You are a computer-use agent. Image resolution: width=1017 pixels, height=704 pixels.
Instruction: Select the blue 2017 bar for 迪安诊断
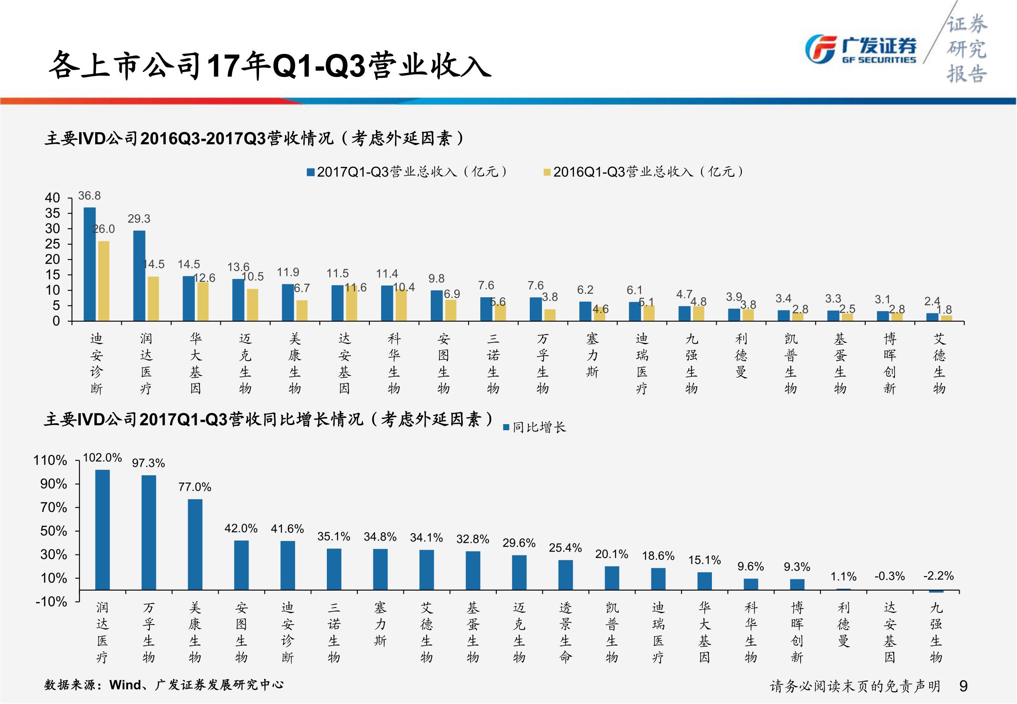[90, 264]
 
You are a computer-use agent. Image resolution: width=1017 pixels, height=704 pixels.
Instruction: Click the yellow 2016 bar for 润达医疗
[153, 298]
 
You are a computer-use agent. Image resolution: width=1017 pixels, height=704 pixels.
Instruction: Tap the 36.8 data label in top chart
[90, 196]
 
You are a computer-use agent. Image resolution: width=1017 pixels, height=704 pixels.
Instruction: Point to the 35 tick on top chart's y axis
[53, 213]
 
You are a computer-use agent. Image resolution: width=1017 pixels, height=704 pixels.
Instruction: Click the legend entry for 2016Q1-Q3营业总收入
[644, 172]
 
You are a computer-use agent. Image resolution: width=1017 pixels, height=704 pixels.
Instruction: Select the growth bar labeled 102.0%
[102, 529]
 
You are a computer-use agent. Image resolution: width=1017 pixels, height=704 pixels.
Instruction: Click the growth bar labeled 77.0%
[195, 545]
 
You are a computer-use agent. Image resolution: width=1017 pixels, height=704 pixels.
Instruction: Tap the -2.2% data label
[938, 576]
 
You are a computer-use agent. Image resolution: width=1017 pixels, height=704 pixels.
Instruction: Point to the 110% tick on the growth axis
[50, 461]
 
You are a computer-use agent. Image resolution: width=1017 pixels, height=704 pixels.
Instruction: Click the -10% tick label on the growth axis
[51, 602]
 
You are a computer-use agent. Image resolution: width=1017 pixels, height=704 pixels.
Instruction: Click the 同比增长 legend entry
[535, 427]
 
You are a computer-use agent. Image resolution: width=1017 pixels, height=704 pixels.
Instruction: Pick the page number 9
[963, 686]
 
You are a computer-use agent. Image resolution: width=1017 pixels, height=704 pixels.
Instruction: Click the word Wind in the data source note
[126, 684]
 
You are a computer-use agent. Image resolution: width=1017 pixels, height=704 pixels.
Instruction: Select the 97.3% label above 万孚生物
[149, 463]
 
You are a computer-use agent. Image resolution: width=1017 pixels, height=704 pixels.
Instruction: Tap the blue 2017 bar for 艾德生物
[932, 317]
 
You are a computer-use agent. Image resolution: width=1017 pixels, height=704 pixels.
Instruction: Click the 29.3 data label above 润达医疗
[139, 219]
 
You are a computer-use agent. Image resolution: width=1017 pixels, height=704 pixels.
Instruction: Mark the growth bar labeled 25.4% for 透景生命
[565, 575]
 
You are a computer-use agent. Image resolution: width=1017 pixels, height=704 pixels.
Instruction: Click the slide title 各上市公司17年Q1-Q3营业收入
[269, 66]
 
